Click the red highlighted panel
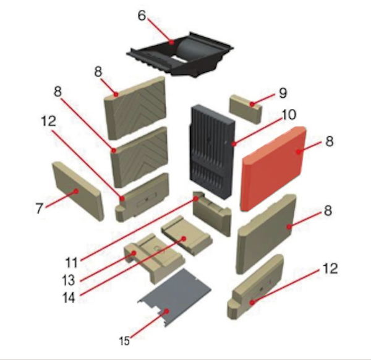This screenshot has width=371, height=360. (x=273, y=168)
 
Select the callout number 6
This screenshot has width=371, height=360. (x=142, y=16)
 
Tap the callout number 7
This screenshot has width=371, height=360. (x=40, y=208)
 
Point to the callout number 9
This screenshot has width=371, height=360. (x=283, y=93)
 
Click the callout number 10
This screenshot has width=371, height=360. (x=289, y=115)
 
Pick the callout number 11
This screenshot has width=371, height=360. (x=72, y=263)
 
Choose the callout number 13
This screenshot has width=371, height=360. (x=69, y=280)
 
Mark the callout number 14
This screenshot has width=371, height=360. (x=69, y=298)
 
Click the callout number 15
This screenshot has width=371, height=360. (x=124, y=341)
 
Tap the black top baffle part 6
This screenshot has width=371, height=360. (x=181, y=55)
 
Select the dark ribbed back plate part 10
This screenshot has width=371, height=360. (x=212, y=152)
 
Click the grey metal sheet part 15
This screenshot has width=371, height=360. (x=174, y=298)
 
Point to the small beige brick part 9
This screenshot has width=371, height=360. (x=245, y=109)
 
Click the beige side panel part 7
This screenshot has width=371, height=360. (x=78, y=191)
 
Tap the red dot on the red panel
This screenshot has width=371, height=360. (x=299, y=152)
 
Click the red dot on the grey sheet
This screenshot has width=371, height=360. (x=166, y=311)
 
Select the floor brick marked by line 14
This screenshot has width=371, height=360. (x=187, y=236)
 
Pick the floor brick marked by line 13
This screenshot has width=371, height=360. (x=155, y=258)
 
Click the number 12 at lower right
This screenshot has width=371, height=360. (x=330, y=269)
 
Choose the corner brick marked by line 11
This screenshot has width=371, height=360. (x=211, y=213)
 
